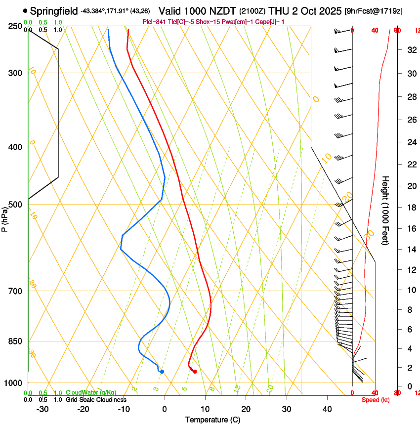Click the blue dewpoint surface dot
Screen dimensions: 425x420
[x=162, y=372]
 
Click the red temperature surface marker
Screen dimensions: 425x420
[x=195, y=372]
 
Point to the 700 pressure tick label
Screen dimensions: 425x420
[x=16, y=291]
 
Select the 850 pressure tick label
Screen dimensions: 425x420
[x=16, y=341]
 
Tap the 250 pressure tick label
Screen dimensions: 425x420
[x=16, y=26]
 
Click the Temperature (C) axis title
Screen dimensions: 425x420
[x=212, y=420]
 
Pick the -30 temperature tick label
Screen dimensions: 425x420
[x=42, y=409]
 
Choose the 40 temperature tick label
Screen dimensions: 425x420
[x=327, y=409]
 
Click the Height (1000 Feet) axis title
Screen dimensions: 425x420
[x=386, y=210]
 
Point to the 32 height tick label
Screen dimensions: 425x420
[x=411, y=50]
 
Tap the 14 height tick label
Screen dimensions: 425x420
[x=411, y=249]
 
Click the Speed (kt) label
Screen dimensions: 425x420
[x=376, y=400]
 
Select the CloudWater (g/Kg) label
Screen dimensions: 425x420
[x=91, y=393]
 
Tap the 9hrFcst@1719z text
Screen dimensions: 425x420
[x=379, y=10]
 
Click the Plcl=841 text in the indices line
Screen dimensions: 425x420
[x=153, y=22]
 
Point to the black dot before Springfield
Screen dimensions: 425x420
[x=25, y=10]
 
